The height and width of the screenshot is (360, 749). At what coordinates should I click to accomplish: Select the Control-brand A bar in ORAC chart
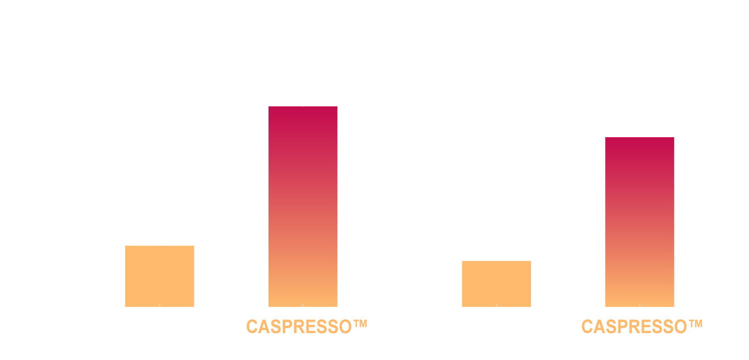160,276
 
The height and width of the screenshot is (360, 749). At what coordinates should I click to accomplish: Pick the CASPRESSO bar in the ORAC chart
303,206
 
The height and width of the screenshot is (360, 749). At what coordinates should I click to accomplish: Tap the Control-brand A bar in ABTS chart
496,284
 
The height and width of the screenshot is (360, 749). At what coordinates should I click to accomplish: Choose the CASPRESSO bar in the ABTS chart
640,222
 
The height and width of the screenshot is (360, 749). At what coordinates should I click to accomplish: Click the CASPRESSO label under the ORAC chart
306,327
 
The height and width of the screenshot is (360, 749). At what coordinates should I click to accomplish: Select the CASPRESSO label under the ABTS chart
642,327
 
